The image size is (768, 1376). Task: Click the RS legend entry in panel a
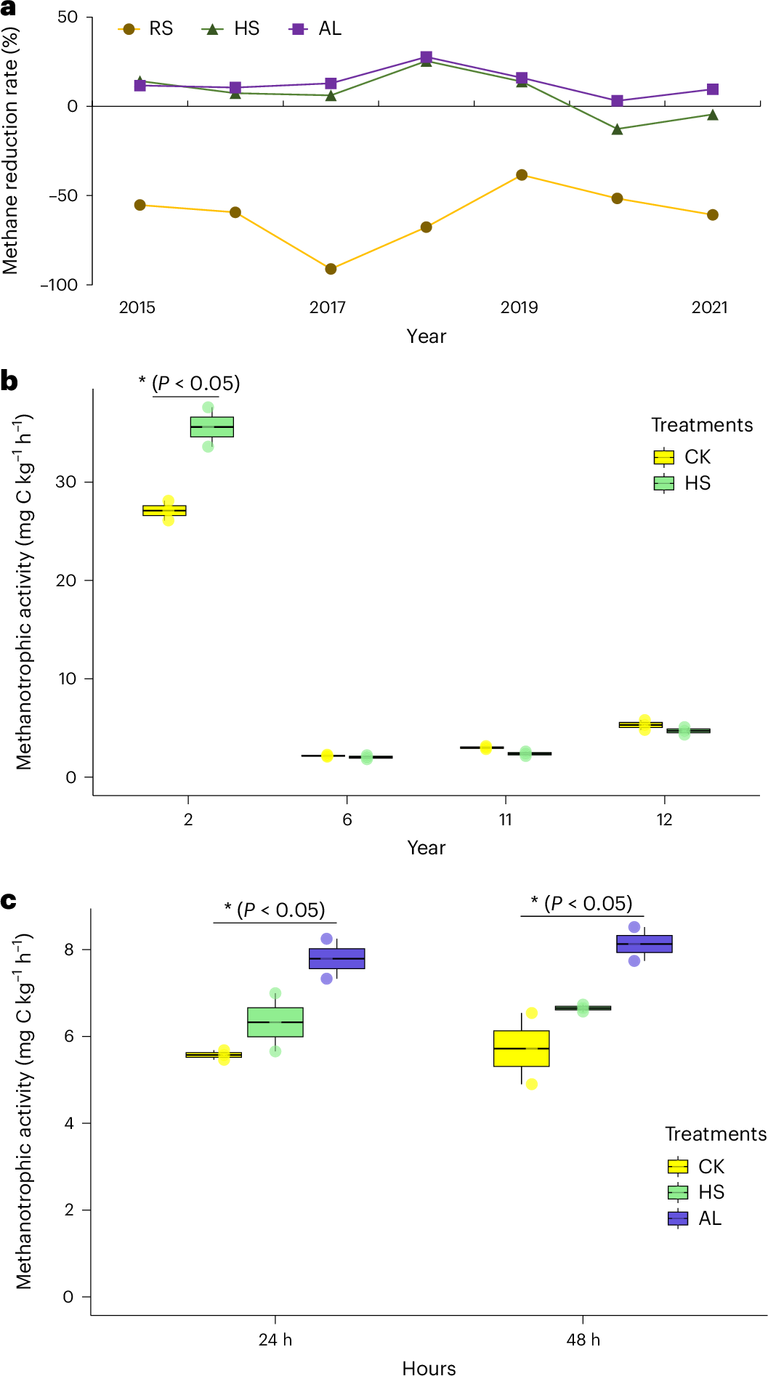147,29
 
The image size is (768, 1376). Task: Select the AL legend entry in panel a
316,29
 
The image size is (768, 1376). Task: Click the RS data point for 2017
331,269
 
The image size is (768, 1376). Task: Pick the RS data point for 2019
522,175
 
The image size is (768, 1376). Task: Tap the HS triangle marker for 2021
713,115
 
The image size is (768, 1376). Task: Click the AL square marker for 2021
713,89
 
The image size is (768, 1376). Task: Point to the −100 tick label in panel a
59,285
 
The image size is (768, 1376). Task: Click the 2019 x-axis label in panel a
519,307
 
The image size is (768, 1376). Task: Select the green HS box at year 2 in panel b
212,427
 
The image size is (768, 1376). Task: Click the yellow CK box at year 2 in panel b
164,511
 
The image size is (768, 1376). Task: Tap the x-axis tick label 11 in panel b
506,820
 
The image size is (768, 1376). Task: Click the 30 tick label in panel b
65,482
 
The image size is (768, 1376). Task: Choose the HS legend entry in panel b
683,483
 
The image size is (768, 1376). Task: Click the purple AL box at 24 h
337,958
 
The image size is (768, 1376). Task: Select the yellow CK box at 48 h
522,1048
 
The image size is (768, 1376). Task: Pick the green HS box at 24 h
275,1022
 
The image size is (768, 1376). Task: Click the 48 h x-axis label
583,1340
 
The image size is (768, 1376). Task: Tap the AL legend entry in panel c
695,1218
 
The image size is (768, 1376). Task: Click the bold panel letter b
9,381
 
